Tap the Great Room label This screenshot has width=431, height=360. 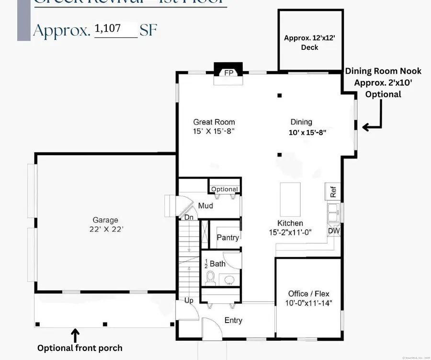(214, 122)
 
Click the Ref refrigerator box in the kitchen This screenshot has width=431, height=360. (333, 191)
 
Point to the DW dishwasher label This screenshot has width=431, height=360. (334, 231)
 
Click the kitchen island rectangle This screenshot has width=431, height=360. (290, 199)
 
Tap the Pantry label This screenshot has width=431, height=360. (228, 237)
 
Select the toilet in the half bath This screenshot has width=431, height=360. (209, 277)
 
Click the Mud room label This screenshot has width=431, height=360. (205, 206)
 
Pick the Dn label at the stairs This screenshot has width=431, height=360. (190, 218)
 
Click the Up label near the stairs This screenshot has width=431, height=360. (190, 301)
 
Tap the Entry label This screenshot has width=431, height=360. (233, 320)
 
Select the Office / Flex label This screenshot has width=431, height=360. (308, 294)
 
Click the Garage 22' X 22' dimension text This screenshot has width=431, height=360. (105, 229)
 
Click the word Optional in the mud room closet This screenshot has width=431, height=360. (225, 189)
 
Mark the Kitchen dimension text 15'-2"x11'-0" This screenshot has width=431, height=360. (290, 232)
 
